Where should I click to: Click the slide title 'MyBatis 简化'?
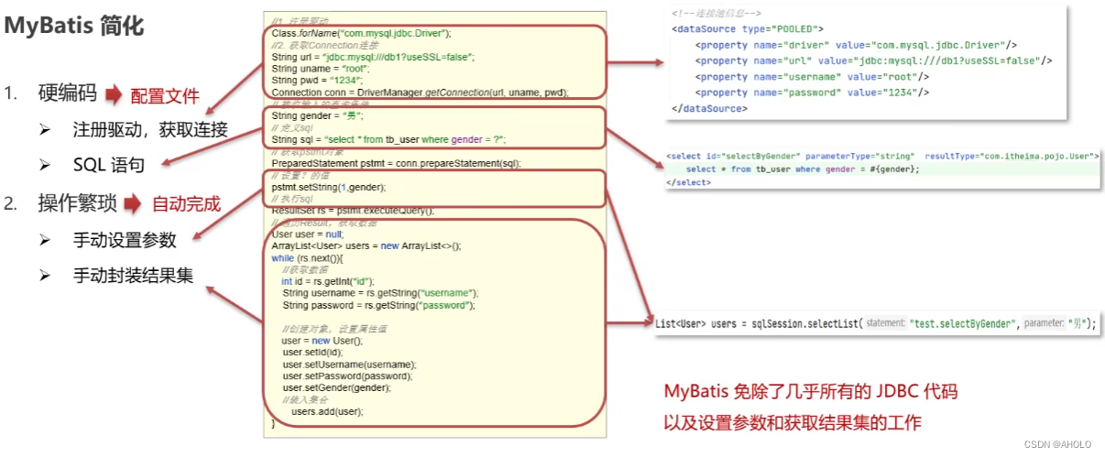coord(75,26)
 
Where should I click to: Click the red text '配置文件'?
coord(165,95)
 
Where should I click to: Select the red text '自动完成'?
coord(186,203)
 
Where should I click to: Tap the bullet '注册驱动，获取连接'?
coord(150,130)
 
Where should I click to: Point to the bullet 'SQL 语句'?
coord(108,165)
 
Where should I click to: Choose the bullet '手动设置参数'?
coord(125,240)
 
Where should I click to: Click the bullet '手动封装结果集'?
coord(133,275)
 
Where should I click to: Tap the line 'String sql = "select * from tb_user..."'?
coord(388,139)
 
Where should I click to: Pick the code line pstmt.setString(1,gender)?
coord(329,187)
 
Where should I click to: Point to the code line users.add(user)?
coord(327,411)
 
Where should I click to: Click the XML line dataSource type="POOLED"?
coord(747,29)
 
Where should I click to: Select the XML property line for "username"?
coord(812,77)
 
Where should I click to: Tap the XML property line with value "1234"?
coord(812,92)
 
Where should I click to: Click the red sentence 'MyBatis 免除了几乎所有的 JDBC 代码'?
coord(811,392)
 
